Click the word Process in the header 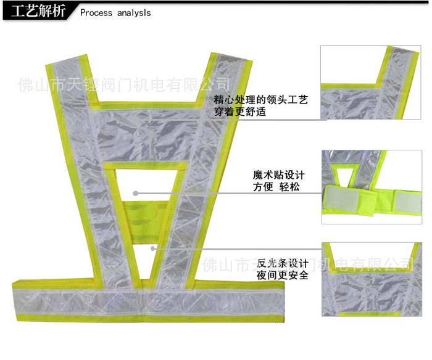pos(97,13)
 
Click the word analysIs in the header pos(134,13)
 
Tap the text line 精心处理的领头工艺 pos(260,100)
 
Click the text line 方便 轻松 pos(276,186)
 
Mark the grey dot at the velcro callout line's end pos(136,193)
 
